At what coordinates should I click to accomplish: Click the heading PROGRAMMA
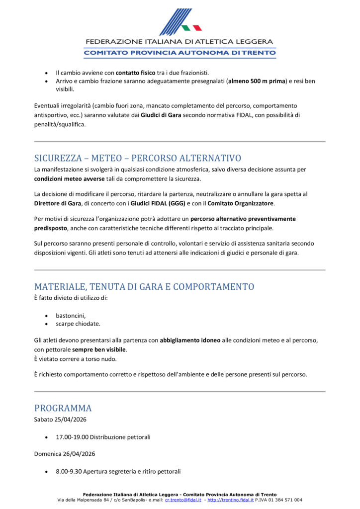pos(63,408)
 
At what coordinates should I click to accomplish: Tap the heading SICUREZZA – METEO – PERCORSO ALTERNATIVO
pos(138,158)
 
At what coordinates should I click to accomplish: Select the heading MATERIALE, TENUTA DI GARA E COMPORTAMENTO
pos(144,287)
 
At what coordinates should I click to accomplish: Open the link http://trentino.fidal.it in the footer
pos(230,500)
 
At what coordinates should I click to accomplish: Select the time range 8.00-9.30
pos(69,471)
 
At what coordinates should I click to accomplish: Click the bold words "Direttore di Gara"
pos(56,203)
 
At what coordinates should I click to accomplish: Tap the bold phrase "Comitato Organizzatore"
pos(241,203)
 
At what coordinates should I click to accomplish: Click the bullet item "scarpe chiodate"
pos(78,324)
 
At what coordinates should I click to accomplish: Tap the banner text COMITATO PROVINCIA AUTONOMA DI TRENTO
pos(180,52)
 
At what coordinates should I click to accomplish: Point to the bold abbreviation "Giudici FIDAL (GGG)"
pos(158,203)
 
